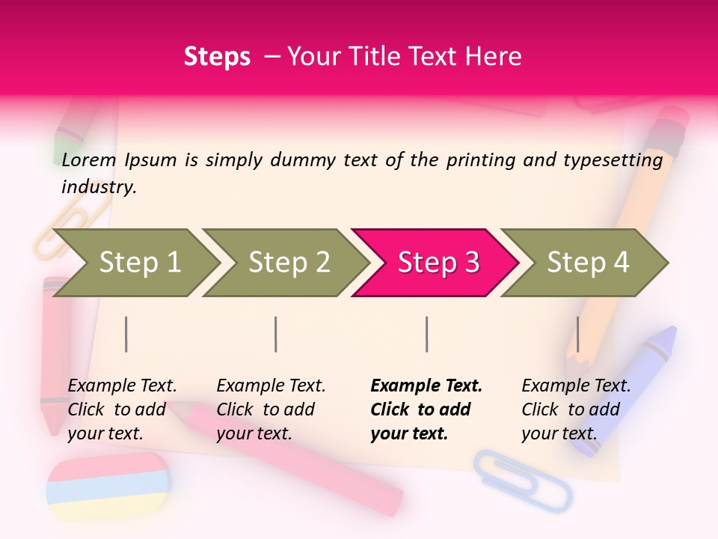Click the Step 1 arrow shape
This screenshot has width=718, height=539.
138,263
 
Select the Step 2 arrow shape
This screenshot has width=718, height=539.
288,263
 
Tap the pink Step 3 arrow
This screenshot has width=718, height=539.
438,263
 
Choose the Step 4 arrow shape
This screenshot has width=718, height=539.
587,263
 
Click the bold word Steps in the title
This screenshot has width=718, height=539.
217,56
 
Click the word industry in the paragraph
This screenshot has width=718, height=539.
99,187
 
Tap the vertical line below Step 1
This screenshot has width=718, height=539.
126,334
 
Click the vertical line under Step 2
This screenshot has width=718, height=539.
276,334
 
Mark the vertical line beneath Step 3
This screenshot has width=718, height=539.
426,334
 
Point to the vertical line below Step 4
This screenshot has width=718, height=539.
577,334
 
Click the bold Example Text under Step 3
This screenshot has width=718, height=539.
426,386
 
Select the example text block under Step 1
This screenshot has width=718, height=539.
122,409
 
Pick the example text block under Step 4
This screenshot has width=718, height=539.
575,409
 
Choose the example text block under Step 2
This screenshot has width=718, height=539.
271,409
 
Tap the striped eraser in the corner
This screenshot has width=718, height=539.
108,487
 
